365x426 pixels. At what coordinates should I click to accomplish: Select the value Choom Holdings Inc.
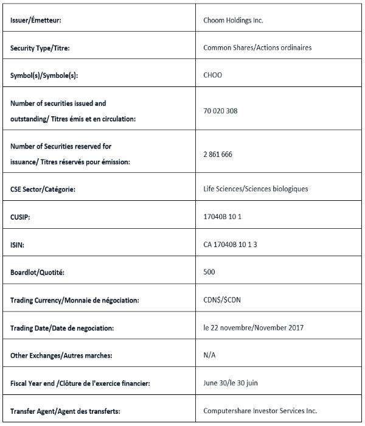[x=233, y=21]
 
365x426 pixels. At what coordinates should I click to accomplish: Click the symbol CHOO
[x=213, y=75]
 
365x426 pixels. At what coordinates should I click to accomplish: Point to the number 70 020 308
[x=220, y=111]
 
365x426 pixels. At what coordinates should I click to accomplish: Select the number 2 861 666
[x=218, y=154]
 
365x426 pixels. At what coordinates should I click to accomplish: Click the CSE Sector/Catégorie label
[x=51, y=189]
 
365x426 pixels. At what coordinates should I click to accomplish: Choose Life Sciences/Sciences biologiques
[x=255, y=189]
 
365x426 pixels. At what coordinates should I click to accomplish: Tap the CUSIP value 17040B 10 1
[x=222, y=217]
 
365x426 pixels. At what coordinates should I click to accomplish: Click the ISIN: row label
[x=19, y=245]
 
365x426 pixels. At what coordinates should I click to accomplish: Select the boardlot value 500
[x=209, y=272]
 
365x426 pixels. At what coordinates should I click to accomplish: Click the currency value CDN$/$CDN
[x=218, y=300]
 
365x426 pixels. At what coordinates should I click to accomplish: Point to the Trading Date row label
[x=62, y=328]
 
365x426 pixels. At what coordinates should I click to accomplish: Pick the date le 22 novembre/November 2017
[x=254, y=327]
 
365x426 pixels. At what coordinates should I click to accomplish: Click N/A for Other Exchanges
[x=209, y=355]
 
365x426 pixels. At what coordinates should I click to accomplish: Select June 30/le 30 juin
[x=230, y=383]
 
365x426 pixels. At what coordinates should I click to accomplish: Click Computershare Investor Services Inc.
[x=260, y=411]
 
